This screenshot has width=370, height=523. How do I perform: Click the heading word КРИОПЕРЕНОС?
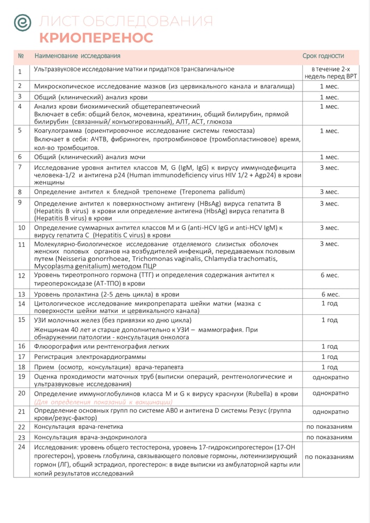pos(96,38)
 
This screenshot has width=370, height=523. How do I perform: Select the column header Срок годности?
pos(323,56)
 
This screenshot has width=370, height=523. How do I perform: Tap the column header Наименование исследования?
pos(77,56)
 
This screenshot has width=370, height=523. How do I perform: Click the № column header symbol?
pos(21,56)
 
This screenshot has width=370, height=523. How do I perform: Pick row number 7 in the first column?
pos(20,167)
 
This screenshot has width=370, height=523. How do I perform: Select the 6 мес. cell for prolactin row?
pos(330,294)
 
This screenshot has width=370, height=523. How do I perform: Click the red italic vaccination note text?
pos(103,402)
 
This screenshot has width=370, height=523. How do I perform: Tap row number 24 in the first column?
pos(21,447)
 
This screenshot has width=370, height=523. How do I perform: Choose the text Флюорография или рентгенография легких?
pos(102,346)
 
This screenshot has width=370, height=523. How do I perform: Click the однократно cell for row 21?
pos(330,412)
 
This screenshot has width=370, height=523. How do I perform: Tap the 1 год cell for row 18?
pos(329,367)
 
